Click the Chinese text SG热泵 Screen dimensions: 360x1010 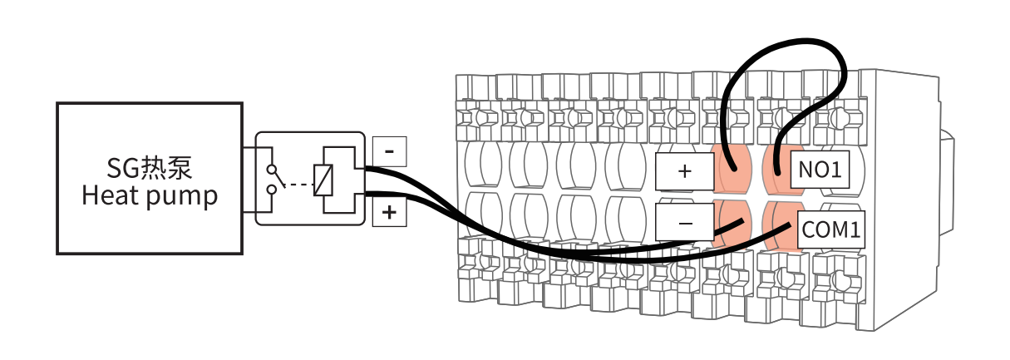pos(150,169)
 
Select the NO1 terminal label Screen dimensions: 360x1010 pos(819,170)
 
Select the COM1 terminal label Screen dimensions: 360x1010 pos(830,229)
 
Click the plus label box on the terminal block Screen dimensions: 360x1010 pos(684,172)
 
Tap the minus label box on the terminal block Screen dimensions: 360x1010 pos(684,223)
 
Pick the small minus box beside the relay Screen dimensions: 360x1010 pos(389,150)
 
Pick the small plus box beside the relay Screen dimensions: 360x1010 pos(389,212)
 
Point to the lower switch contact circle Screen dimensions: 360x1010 pos(271,191)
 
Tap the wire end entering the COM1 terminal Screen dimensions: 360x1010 pos(786,225)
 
